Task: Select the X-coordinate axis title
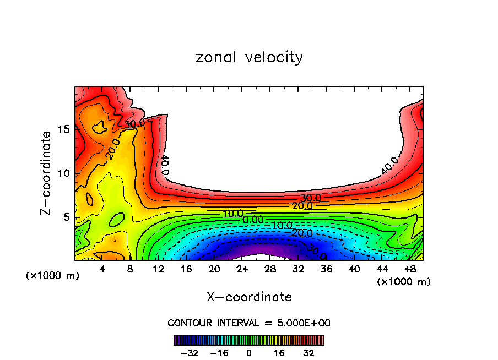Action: point(249,297)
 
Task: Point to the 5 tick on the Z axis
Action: point(65,217)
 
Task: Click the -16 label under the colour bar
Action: point(219,353)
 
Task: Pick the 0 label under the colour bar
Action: point(249,353)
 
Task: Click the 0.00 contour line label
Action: point(253,220)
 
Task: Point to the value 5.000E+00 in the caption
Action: point(301,323)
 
